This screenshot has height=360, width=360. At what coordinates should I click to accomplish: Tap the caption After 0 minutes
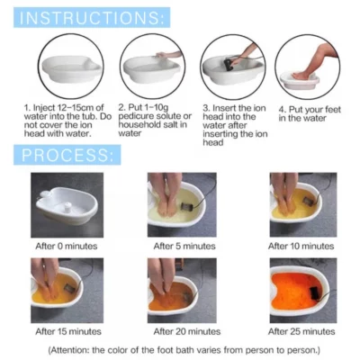(x=67, y=246)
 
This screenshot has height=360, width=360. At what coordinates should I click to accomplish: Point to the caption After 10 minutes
(x=301, y=246)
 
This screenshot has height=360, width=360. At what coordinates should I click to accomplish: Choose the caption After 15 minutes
(x=67, y=331)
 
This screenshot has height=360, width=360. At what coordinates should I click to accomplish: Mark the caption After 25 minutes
(x=301, y=331)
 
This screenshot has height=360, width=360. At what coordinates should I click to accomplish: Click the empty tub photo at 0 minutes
(x=67, y=204)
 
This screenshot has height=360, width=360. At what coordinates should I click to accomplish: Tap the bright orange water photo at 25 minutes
(x=301, y=290)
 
